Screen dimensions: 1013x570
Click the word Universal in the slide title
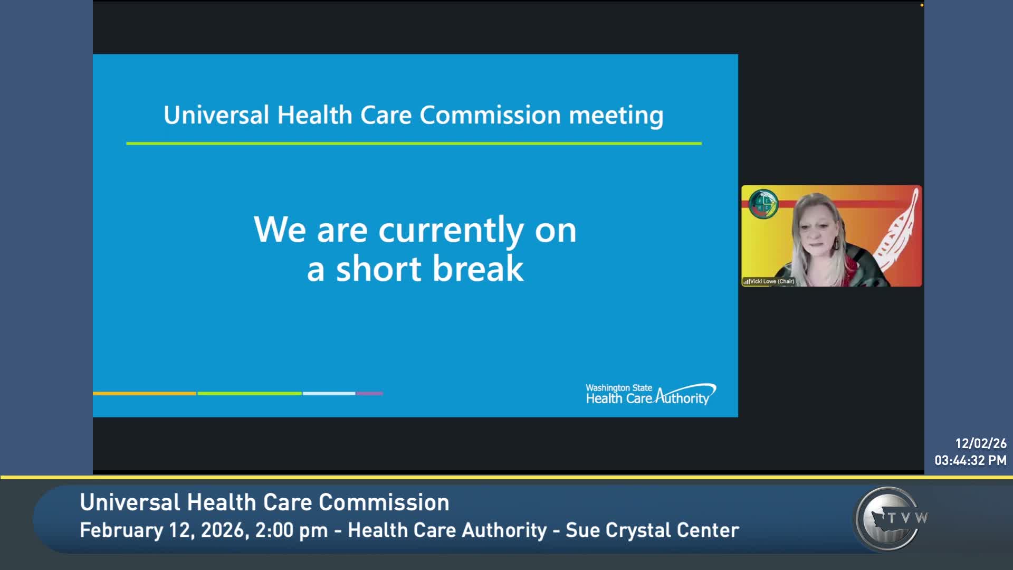pos(216,115)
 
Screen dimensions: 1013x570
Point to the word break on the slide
pos(479,268)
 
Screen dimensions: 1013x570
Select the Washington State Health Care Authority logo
pos(651,394)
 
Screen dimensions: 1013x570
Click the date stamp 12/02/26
pos(980,443)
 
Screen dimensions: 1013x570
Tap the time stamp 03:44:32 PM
pos(970,460)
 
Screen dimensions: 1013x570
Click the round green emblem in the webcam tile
pos(763,204)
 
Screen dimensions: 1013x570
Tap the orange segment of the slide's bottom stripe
pos(145,393)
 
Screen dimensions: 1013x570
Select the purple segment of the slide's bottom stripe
pos(369,393)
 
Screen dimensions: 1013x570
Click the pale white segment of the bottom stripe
pos(329,393)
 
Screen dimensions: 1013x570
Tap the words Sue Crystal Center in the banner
pos(652,530)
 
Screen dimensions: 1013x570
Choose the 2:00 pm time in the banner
pos(291,530)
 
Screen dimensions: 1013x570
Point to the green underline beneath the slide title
pos(414,143)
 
